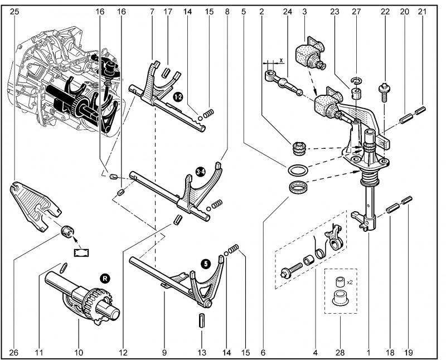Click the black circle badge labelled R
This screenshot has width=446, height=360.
104,277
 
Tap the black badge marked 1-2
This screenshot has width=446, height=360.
177,97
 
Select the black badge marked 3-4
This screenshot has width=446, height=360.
200,173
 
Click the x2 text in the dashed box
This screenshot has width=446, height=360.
348,282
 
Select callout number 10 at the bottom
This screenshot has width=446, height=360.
79,352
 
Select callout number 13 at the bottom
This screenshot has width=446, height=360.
202,352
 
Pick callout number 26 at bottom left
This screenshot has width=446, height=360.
14,352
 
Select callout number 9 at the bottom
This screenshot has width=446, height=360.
164,352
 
